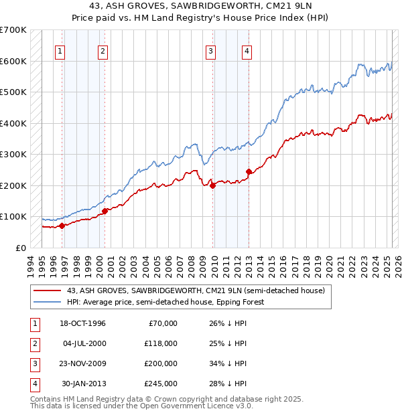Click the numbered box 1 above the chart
point(60,51)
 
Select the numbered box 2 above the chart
point(103,51)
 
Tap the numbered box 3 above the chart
point(210,51)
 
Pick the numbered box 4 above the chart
point(247,51)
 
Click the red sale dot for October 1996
point(62,226)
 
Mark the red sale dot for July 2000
point(105,211)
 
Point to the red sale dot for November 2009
point(213,185)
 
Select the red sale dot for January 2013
point(249,171)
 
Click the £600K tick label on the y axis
point(13,61)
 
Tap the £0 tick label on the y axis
point(21,248)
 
